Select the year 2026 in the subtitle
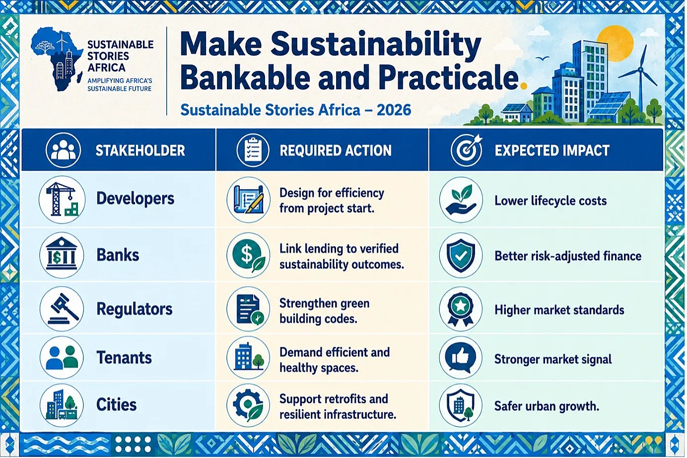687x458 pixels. [394, 110]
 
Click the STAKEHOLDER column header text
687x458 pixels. [140, 151]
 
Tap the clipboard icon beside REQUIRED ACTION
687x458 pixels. [253, 150]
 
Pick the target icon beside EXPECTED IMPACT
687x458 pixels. [467, 150]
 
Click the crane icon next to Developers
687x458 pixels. [62, 199]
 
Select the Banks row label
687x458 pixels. [118, 255]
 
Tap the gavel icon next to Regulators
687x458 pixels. [62, 308]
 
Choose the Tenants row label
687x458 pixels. [124, 358]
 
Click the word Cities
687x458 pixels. [117, 404]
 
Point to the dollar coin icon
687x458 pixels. [248, 255]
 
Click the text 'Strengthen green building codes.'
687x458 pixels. [325, 311]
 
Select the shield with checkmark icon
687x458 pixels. [461, 256]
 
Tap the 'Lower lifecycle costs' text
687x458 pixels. [551, 201]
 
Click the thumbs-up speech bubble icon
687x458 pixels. [461, 358]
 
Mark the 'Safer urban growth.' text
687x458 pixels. [547, 406]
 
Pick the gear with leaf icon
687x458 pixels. [248, 405]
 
